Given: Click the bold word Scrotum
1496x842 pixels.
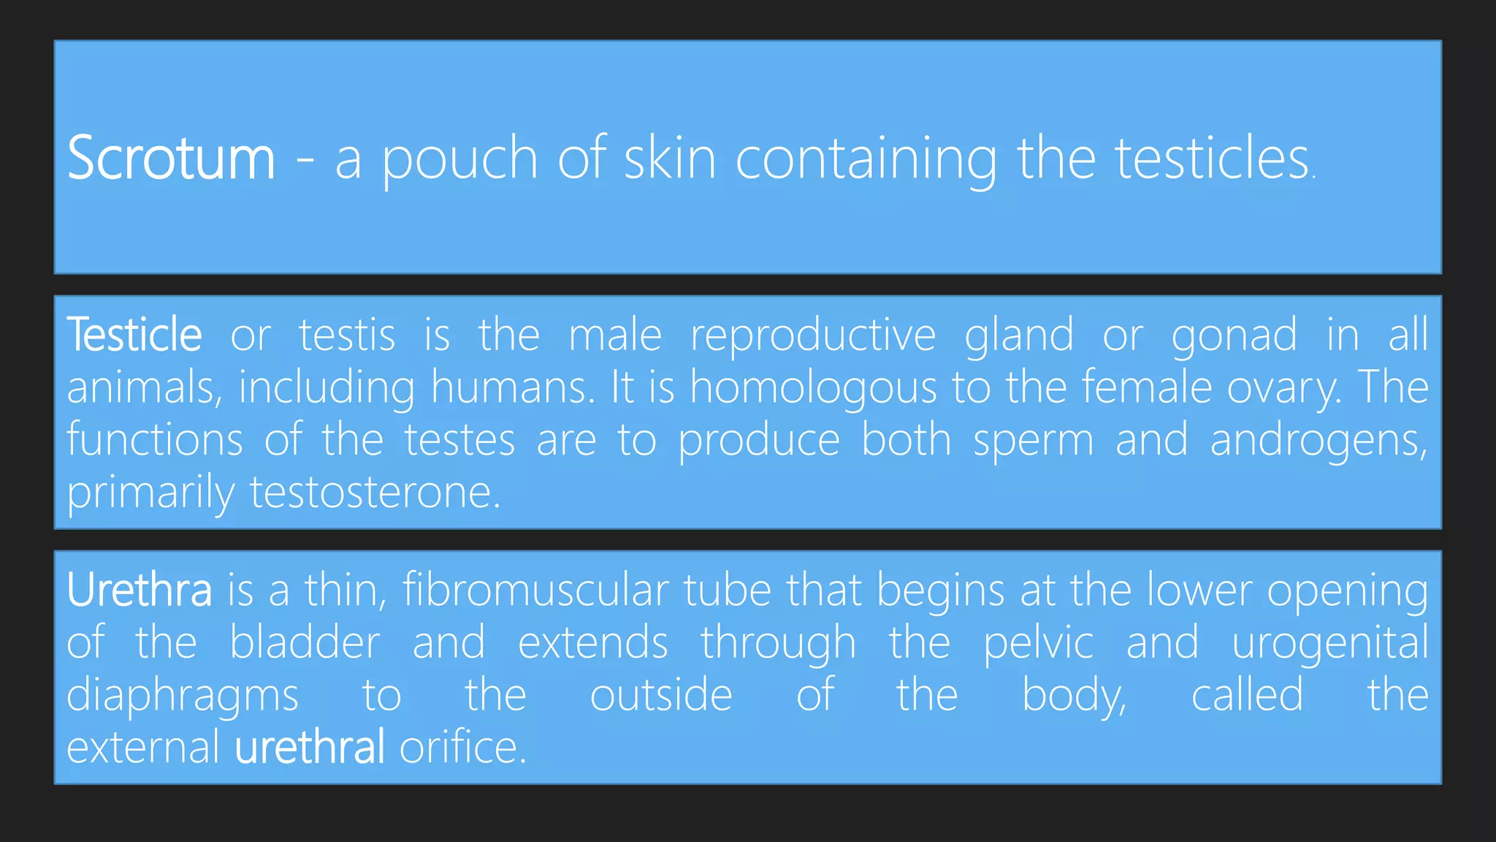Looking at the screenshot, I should [171, 158].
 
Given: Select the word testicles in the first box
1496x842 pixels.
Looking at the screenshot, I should [1211, 158].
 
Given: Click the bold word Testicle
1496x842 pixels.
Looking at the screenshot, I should [134, 335].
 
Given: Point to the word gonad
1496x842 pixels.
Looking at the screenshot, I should [1234, 336].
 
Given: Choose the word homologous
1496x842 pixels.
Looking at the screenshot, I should [813, 388].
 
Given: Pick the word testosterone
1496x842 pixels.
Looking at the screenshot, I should [375, 493].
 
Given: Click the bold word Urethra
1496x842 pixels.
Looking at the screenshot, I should [139, 590].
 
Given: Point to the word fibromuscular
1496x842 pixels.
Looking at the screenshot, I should [535, 590].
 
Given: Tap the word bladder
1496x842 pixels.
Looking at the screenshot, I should [305, 642].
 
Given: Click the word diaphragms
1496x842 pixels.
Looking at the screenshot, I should [183, 696].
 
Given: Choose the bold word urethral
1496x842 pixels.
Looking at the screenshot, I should [309, 748].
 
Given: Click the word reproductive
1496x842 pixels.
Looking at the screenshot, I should [813, 336].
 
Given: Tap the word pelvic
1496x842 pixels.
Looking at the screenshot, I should [1038, 644].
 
